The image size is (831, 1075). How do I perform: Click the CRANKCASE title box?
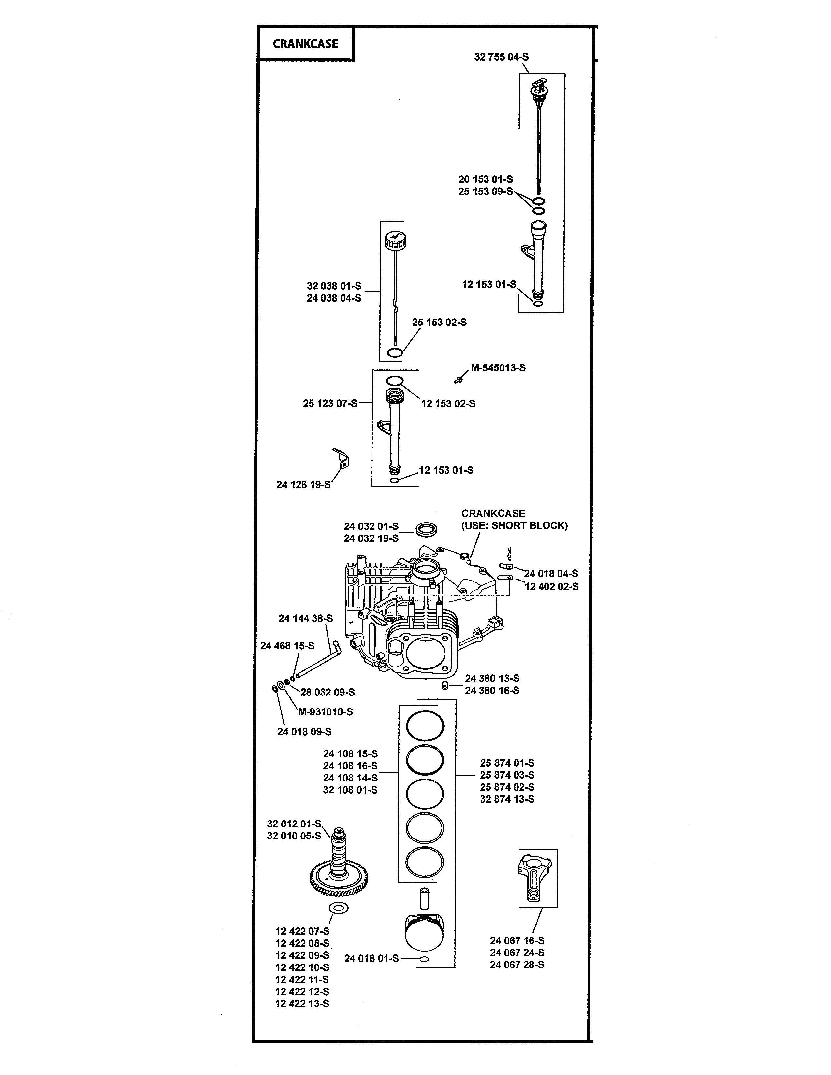pyautogui.click(x=305, y=44)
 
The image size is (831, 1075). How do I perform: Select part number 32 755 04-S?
pyautogui.click(x=501, y=57)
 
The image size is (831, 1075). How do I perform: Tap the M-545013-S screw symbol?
pyautogui.click(x=458, y=380)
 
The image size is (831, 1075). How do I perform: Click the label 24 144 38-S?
pyautogui.click(x=305, y=619)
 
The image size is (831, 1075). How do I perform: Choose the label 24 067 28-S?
pyautogui.click(x=517, y=965)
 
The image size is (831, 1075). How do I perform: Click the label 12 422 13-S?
pyautogui.click(x=302, y=1004)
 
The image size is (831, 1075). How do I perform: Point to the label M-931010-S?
pyautogui.click(x=326, y=712)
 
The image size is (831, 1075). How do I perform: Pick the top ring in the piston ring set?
pyautogui.click(x=424, y=725)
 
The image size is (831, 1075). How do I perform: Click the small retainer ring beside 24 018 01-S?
pyautogui.click(x=424, y=959)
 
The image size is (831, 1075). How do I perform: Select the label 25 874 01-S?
pyautogui.click(x=507, y=763)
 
